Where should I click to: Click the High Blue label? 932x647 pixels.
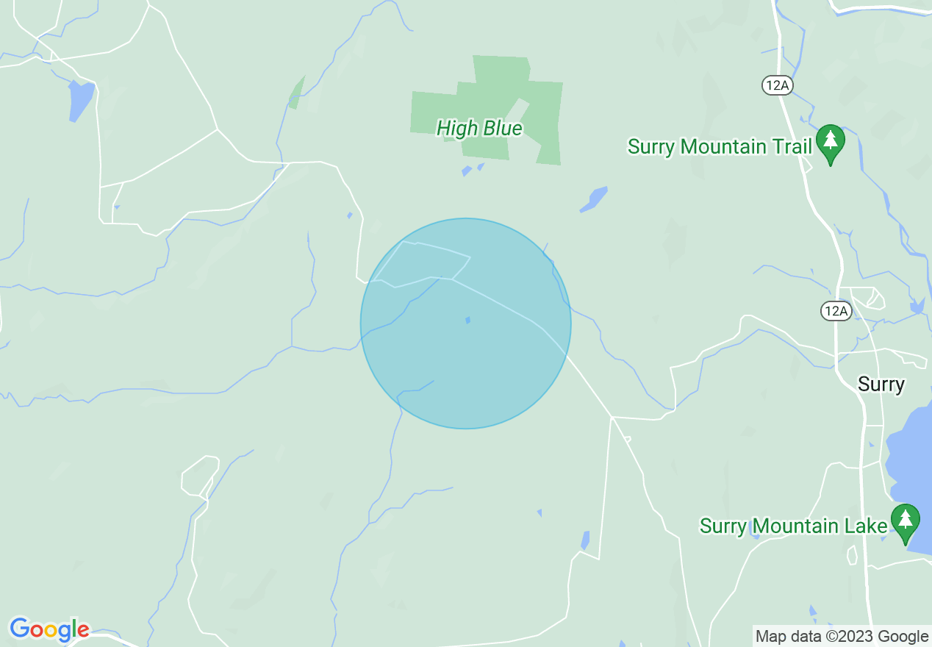(x=479, y=129)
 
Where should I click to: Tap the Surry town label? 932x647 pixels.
(x=881, y=384)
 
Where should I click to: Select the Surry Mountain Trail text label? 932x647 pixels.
(x=719, y=146)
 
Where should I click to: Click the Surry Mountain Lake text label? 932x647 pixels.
(x=793, y=526)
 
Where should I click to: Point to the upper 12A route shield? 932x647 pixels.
(x=777, y=85)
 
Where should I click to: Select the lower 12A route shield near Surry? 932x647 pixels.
(x=836, y=311)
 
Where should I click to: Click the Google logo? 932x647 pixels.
(x=49, y=629)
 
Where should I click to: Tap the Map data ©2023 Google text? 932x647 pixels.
(x=842, y=637)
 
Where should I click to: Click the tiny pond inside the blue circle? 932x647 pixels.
(x=467, y=320)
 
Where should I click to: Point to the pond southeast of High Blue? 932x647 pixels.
(x=594, y=199)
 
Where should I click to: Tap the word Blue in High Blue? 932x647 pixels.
(x=502, y=129)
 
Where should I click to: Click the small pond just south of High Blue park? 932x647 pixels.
(x=467, y=171)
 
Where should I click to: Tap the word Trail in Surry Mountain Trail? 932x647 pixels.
(x=791, y=146)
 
